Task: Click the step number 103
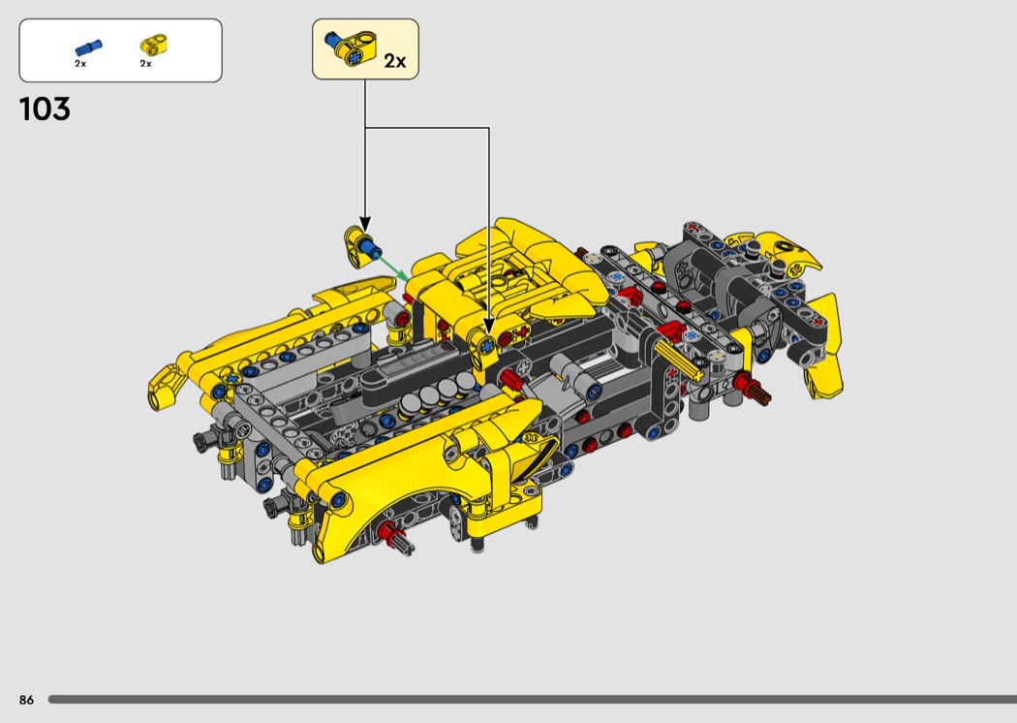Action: tap(45, 110)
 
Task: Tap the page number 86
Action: tap(26, 700)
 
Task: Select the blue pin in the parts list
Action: tap(88, 47)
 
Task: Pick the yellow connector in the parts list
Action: tap(154, 45)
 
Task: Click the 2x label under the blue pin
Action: tap(80, 64)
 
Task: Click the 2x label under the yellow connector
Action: tap(146, 64)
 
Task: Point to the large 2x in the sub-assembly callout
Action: tap(395, 60)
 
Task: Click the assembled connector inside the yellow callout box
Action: tap(350, 48)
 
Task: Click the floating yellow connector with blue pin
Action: tap(360, 245)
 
